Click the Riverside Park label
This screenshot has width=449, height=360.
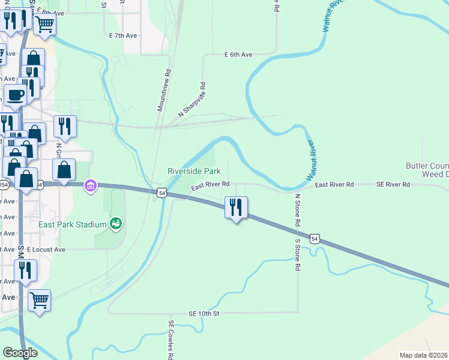tap(190, 171)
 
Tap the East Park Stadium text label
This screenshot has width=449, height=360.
tap(72, 224)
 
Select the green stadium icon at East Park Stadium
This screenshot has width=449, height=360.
tap(116, 224)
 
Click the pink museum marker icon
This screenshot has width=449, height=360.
tap(91, 186)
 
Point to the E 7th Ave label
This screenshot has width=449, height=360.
tap(123, 36)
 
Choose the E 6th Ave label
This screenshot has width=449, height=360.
tap(238, 55)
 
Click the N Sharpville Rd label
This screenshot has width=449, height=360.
tap(192, 100)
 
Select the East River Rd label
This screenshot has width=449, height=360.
tap(211, 187)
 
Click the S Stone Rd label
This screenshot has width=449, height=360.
tap(297, 255)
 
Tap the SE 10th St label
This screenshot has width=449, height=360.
tap(204, 313)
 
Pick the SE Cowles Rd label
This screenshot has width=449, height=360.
tap(171, 340)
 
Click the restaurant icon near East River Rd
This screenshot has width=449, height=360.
tap(235, 208)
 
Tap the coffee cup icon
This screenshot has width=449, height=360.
tap(15, 94)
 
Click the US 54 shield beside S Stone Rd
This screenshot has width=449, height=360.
tap(314, 239)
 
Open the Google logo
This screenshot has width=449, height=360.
tap(20, 353)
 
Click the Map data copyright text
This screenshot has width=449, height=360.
tap(423, 355)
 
